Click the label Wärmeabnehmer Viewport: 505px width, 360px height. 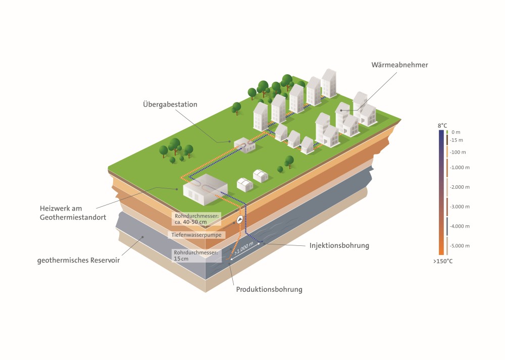click(399, 65)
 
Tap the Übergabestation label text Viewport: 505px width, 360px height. click(170, 105)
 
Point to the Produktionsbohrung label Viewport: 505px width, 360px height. click(269, 289)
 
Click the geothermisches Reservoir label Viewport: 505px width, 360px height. click(78, 261)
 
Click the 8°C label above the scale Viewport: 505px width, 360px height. click(442, 125)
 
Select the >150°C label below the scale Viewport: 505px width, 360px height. click(443, 261)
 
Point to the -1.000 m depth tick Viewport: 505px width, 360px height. click(460, 167)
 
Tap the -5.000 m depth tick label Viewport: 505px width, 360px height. click(460, 246)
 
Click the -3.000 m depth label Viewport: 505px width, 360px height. click(460, 207)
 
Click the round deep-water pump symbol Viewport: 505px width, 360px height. click(240, 220)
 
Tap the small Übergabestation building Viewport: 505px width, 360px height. click(244, 145)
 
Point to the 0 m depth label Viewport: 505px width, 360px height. click(456, 132)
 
